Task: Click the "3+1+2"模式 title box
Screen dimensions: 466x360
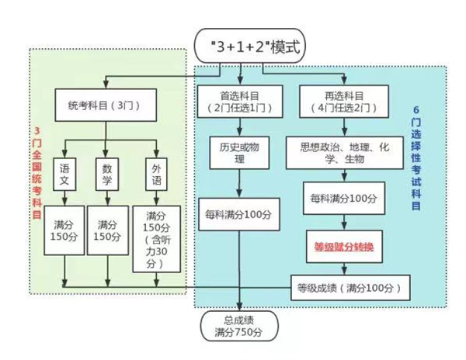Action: [x=249, y=46]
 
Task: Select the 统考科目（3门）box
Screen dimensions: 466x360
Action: [x=106, y=105]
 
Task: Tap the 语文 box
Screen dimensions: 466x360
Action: [x=64, y=175]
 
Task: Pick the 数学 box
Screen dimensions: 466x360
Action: [x=107, y=175]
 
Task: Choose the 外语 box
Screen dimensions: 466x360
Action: [x=156, y=175]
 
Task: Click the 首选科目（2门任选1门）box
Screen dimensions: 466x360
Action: [x=240, y=102]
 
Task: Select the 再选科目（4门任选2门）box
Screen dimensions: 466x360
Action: [x=344, y=102]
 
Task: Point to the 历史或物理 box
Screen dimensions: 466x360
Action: [x=239, y=153]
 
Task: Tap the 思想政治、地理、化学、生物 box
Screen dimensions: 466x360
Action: [x=344, y=153]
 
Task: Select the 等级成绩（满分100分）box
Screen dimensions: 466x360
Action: [x=350, y=288]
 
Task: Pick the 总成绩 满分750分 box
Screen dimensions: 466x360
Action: [x=239, y=326]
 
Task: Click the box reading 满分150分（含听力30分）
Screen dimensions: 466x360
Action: [x=156, y=239]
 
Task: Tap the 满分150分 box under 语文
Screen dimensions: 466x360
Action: [x=64, y=230]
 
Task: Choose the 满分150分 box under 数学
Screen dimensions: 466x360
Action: [x=108, y=230]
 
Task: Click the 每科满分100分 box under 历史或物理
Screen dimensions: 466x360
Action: [x=239, y=214]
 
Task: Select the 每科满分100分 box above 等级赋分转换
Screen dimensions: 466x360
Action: [x=344, y=199]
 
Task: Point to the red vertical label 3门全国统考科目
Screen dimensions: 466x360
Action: [x=37, y=173]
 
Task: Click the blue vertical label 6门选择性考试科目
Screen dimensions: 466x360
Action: [x=416, y=158]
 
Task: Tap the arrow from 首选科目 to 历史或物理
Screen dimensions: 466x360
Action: [x=240, y=127]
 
